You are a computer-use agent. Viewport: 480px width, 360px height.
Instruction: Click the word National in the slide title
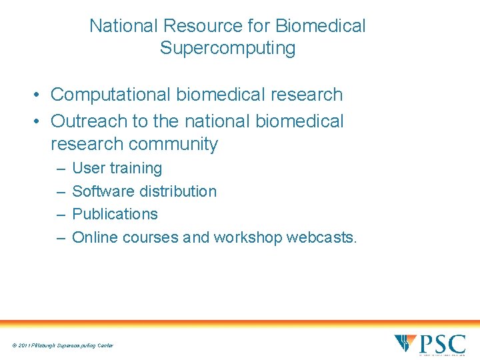(123, 26)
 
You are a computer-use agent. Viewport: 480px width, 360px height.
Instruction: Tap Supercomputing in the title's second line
(227, 49)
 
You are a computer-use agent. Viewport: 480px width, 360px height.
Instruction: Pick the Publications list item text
(115, 214)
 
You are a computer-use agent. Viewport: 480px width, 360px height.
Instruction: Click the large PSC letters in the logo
(442, 344)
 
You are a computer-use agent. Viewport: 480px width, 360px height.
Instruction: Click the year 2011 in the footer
(25, 345)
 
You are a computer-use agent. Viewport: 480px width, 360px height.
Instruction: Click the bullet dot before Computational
(40, 95)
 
